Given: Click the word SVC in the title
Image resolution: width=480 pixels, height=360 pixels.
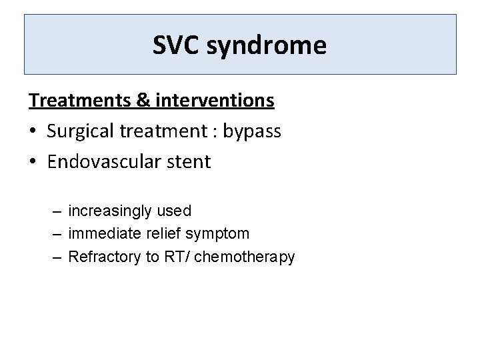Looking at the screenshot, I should pos(177,45).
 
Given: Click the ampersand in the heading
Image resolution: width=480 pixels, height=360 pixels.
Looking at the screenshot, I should pos(143,100).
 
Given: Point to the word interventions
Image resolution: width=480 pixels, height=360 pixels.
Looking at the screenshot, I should pos(214,100).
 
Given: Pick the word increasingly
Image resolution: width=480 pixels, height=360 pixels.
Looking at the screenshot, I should pos(109,211).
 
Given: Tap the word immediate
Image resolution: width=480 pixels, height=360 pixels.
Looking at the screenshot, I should pos(102,234).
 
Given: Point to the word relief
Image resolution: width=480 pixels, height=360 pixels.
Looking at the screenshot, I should pos(163,233).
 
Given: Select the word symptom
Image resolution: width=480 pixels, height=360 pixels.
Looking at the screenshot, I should pos(218,235).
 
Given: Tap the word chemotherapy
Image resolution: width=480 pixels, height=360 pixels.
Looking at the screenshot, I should pos(244,257).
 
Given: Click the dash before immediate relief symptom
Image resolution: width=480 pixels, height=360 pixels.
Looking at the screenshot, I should pos(57,234).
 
